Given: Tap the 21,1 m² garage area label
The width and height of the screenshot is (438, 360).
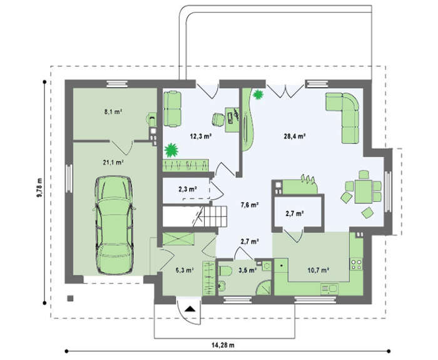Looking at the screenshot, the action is pyautogui.click(x=113, y=162).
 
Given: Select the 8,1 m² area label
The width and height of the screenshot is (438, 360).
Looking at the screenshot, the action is pyautogui.click(x=113, y=112).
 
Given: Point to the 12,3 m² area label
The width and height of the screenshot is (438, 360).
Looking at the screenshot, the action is pyautogui.click(x=200, y=136).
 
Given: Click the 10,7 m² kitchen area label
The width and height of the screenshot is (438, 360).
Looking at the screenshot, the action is pyautogui.click(x=318, y=270).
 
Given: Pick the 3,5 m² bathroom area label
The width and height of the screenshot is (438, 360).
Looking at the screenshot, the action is pyautogui.click(x=248, y=270).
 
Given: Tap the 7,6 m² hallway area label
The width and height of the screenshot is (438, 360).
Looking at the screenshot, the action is pyautogui.click(x=249, y=205).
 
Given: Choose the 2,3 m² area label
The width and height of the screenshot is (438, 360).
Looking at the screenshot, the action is pyautogui.click(x=188, y=189).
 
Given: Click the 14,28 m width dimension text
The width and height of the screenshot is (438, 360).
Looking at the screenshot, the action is pyautogui.click(x=223, y=345).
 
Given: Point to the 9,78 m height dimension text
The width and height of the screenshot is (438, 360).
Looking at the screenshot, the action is pyautogui.click(x=39, y=187).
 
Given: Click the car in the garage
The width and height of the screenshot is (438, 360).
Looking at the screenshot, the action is pyautogui.click(x=114, y=225).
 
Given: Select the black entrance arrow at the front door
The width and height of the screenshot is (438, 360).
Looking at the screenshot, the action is pyautogui.click(x=190, y=309).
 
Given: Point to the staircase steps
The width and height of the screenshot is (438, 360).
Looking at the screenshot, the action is pyautogui.click(x=215, y=217).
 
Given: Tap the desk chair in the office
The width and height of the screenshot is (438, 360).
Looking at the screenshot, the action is pyautogui.click(x=218, y=120).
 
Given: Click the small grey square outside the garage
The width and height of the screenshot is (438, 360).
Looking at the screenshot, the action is pyautogui.click(x=70, y=298).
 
